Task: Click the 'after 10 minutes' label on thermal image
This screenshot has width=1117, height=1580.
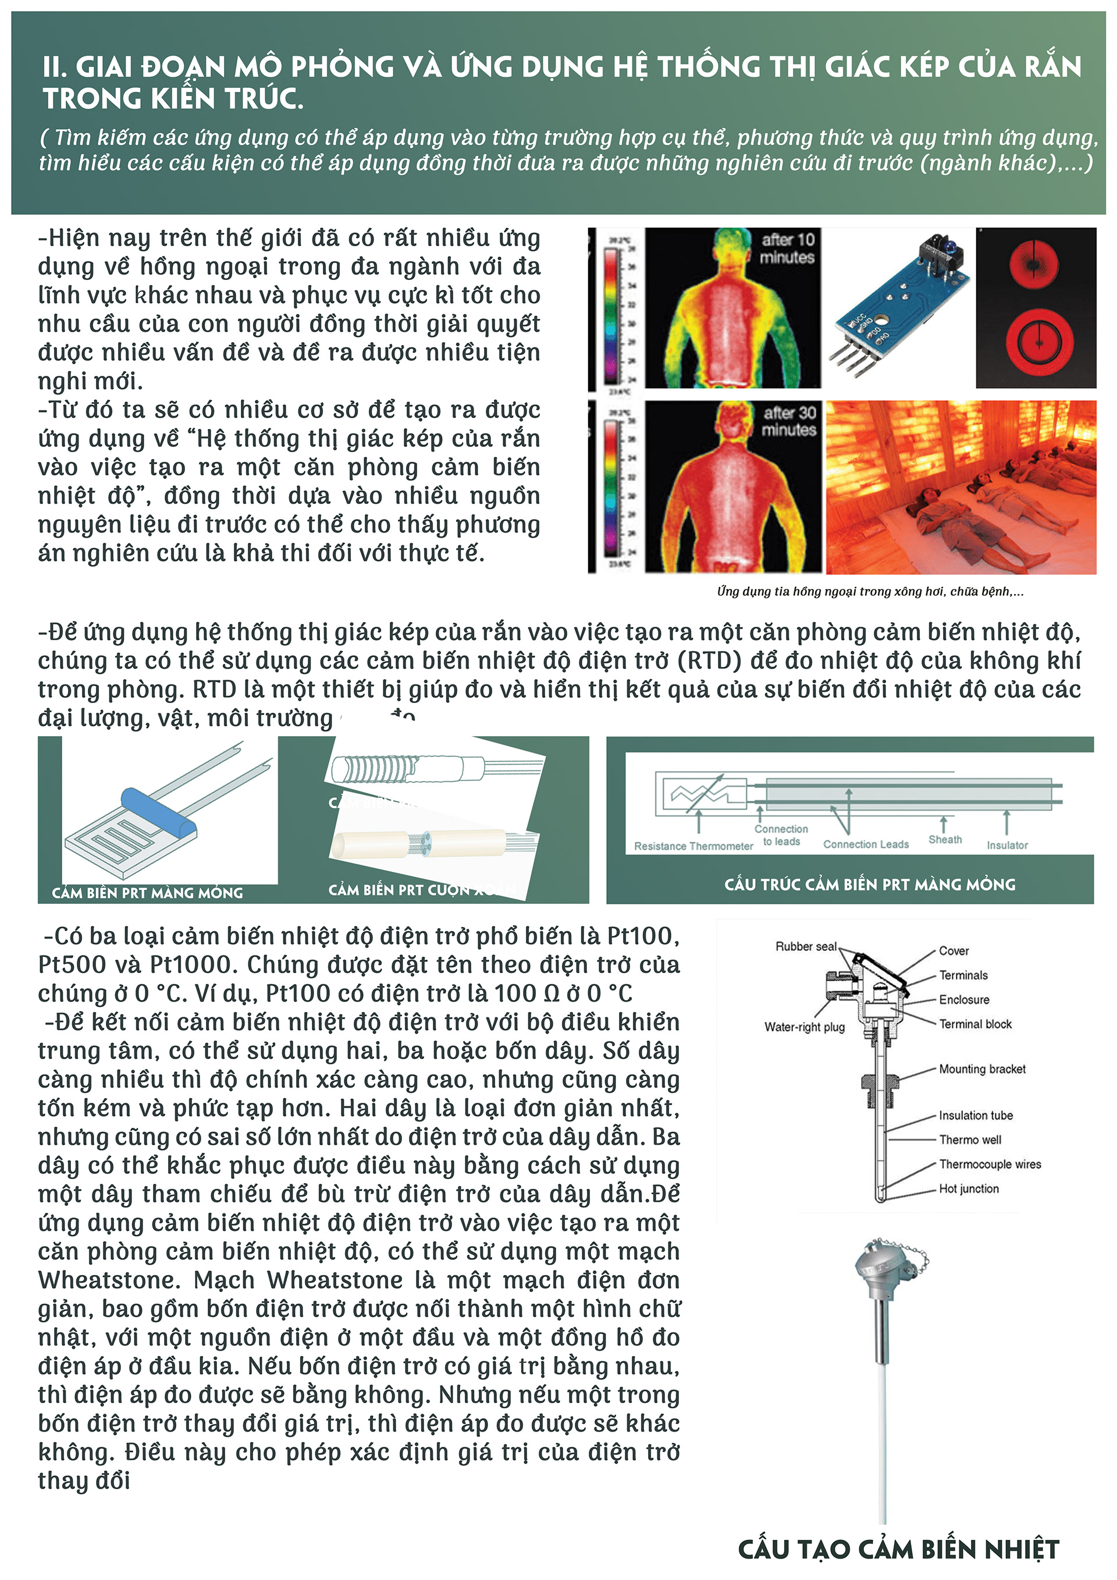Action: tap(787, 248)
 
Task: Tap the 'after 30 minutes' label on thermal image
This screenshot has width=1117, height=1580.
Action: tap(788, 421)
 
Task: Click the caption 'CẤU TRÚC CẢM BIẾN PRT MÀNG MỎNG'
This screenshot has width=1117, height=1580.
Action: tap(869, 885)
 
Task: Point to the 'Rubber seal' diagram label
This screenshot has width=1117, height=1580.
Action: tap(805, 947)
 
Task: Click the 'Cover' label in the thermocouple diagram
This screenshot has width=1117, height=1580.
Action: tap(954, 951)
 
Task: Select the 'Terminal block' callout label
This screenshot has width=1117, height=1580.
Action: tap(975, 1024)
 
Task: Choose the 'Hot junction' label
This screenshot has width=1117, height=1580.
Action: tap(969, 1188)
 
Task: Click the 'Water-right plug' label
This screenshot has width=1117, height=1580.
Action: tap(804, 1027)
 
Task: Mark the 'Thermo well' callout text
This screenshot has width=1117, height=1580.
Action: tap(970, 1139)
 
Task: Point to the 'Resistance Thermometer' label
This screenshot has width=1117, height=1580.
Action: tap(693, 846)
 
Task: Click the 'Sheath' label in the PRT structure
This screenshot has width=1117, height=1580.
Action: tap(945, 840)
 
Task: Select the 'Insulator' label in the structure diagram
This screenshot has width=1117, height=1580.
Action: tap(1007, 845)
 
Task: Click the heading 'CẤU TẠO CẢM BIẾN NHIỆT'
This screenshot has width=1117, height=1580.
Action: tap(898, 1549)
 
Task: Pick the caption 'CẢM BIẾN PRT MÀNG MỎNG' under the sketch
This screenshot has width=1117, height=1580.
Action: tap(147, 893)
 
